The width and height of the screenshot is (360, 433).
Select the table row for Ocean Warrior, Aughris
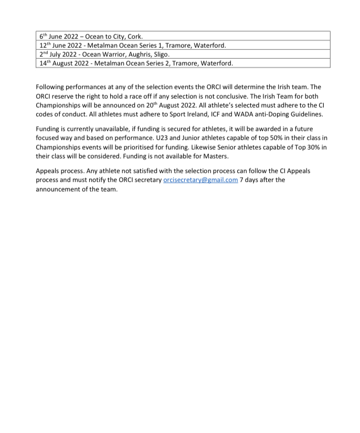(x=184, y=54)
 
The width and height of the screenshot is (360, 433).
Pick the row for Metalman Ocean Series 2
(x=184, y=63)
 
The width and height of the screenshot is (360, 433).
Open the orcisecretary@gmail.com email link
(x=200, y=179)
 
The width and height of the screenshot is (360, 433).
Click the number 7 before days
(x=241, y=179)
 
